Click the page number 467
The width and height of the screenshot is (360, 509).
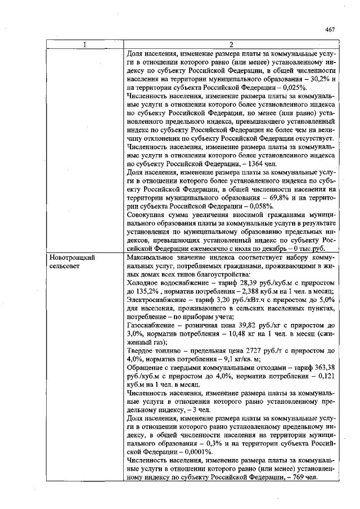coord(331,30)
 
